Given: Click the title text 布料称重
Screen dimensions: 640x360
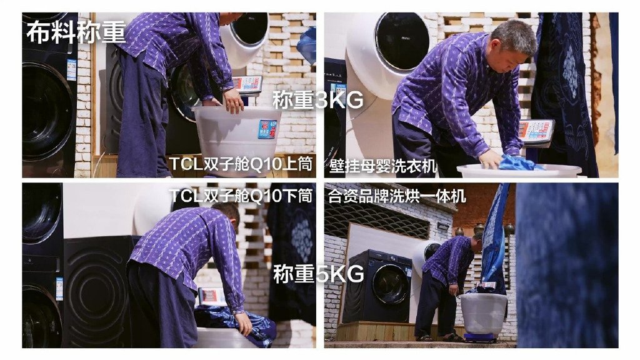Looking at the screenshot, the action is tap(76, 32).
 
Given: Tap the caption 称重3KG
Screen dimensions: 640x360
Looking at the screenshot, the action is tap(318, 100).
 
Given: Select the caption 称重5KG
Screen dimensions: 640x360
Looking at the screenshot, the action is tap(318, 274).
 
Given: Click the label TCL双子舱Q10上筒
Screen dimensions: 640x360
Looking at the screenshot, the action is tap(241, 164).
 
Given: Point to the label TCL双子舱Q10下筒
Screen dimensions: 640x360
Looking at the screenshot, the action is tap(241, 196).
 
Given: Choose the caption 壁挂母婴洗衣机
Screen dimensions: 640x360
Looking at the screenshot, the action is tap(383, 166).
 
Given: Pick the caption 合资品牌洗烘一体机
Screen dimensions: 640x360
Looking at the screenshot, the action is tap(397, 196).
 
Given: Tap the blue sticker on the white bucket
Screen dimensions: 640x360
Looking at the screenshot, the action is tap(267, 129).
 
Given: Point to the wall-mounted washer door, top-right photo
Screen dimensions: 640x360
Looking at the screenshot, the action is tap(402, 40).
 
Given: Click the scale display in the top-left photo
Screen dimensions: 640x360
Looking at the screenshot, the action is tap(247, 84).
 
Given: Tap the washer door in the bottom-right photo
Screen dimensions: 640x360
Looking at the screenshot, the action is tap(391, 284).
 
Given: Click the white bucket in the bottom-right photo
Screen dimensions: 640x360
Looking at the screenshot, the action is tap(484, 313).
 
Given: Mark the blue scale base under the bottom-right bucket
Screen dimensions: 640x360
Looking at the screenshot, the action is tap(481, 337).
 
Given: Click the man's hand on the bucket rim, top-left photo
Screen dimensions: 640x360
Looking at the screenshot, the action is tap(234, 101).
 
